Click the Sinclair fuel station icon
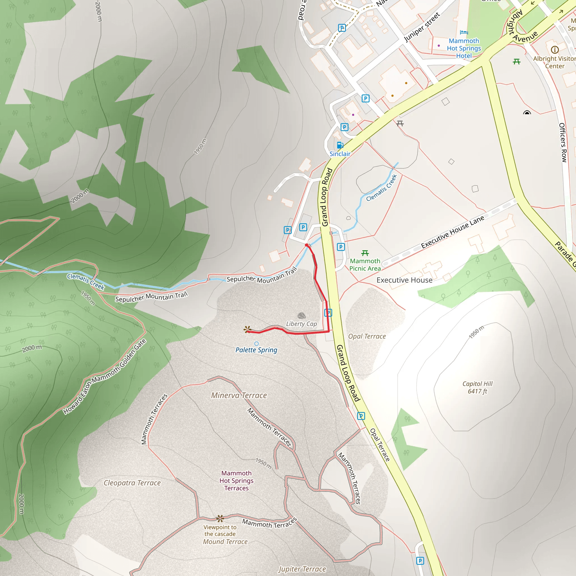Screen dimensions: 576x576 coord(339,145)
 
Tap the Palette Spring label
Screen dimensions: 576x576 coord(256,350)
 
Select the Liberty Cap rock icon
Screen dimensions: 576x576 coord(301,316)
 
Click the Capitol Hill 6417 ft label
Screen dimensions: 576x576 coord(477,387)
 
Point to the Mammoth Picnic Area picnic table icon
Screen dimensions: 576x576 coord(365,253)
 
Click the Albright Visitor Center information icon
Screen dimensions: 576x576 coord(555,49)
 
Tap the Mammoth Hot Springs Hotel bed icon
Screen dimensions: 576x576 coord(463,32)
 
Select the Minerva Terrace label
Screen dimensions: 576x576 coord(239,395)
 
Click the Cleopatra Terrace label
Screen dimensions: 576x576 coord(132,483)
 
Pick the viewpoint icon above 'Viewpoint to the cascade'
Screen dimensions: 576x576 coord(220,518)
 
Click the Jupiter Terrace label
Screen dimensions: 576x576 coord(302,569)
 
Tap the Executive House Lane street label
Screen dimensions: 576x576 coord(452,232)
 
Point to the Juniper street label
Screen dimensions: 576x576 coord(422,28)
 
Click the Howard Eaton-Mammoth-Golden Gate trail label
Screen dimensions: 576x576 coord(105,377)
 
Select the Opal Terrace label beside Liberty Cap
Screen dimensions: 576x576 coord(367,336)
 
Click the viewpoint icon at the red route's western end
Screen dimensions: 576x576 coord(247,329)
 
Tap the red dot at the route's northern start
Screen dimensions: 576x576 coord(307,245)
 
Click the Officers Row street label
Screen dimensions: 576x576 coord(562,143)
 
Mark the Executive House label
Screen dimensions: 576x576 coord(404,280)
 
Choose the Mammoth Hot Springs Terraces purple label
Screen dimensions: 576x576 coord(236,481)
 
